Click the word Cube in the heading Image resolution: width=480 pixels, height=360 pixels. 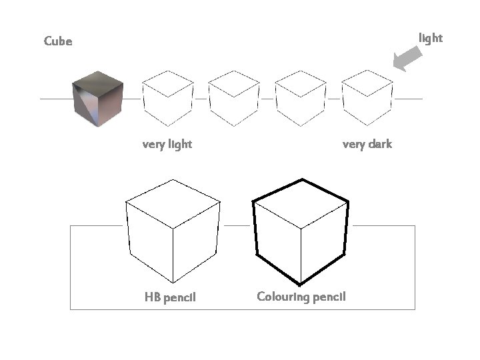tap(58, 41)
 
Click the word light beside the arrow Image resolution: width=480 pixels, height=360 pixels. tap(430, 38)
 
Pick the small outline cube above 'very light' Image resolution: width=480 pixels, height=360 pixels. tap(167, 99)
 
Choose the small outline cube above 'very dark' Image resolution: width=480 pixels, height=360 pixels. tap(367, 99)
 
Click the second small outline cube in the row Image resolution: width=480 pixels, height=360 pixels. tap(234, 99)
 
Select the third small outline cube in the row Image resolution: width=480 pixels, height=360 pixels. tap(301, 99)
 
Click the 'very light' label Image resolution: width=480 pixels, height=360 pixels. tap(167, 144)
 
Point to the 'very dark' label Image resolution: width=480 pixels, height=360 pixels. tap(367, 144)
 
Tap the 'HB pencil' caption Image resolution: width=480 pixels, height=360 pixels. tap(170, 297)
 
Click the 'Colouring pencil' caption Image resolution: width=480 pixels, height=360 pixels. tap(301, 297)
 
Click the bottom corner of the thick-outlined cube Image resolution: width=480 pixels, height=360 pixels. tap(301, 283)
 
